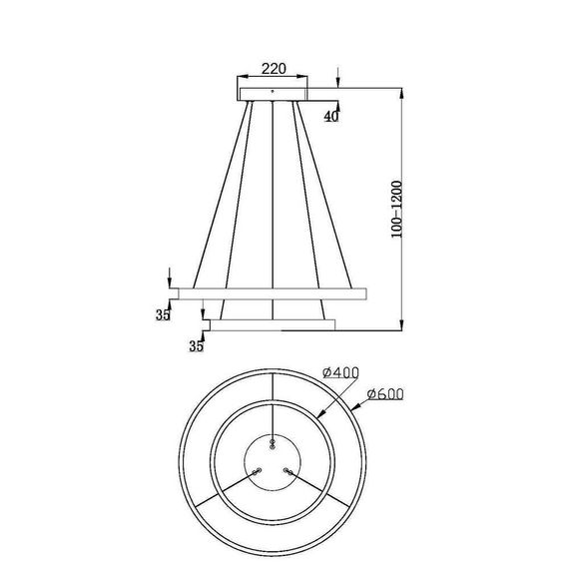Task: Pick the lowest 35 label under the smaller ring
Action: pos(196,345)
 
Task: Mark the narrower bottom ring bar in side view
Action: pos(270,322)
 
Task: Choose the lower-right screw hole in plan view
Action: pos(286,470)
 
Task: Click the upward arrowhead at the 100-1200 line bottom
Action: pos(401,321)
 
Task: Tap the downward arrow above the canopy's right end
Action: pos(339,82)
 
